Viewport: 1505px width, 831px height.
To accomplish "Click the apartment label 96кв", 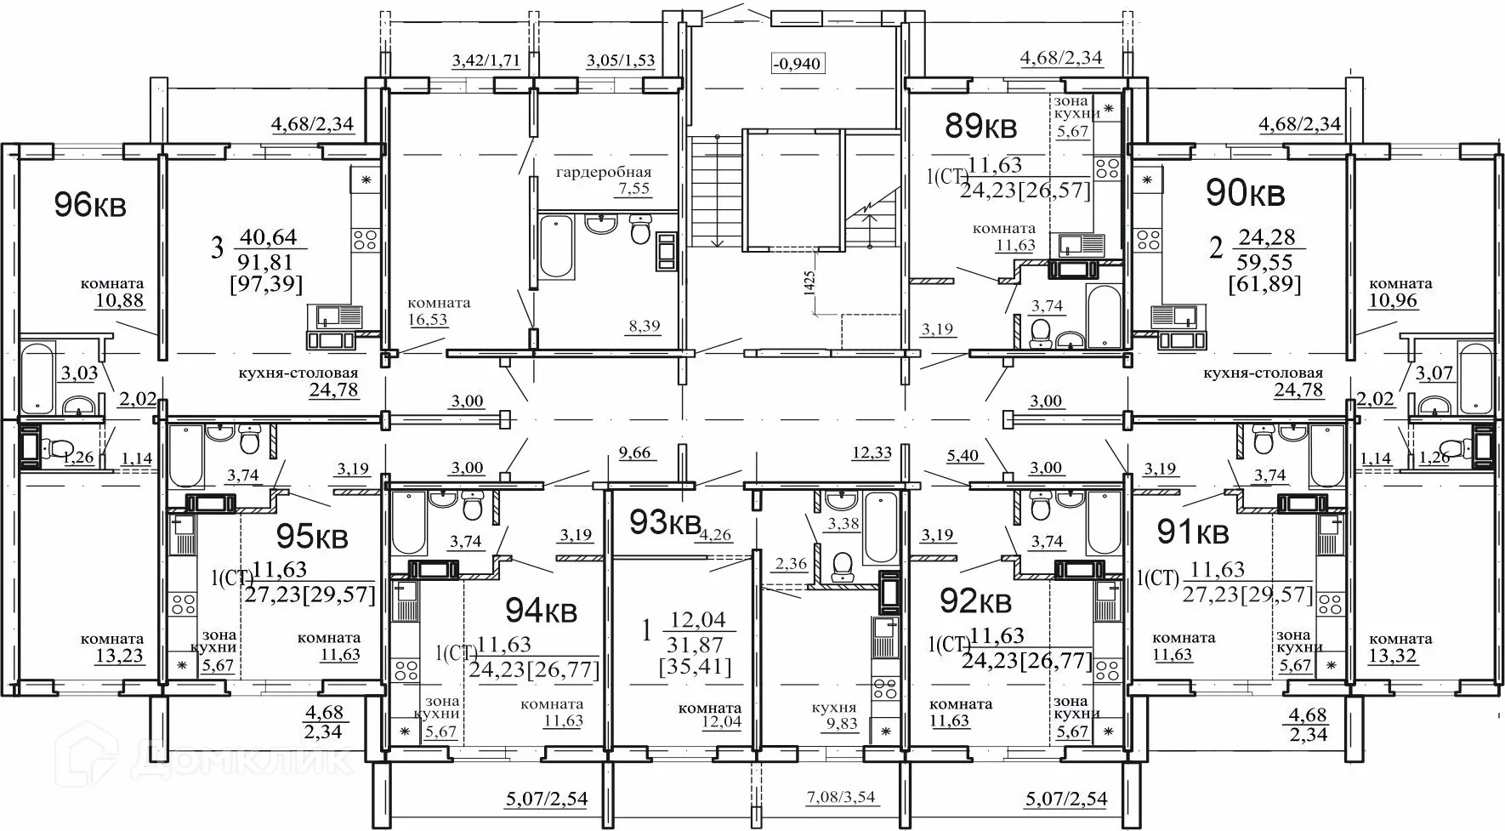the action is [90, 205].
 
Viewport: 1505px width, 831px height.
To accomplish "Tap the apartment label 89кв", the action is [981, 128].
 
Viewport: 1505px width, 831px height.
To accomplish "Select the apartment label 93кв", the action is [664, 521].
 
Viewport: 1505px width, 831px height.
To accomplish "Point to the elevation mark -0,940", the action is [798, 63].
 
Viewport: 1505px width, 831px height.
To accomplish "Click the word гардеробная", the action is [604, 173].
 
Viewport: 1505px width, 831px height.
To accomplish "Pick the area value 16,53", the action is [427, 320].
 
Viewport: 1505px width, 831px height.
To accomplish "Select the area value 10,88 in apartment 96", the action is [123, 299].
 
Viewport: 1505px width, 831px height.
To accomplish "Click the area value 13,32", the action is [1394, 656].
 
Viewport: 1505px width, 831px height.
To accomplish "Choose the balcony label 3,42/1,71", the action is [486, 60].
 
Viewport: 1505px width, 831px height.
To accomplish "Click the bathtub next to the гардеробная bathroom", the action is [556, 247].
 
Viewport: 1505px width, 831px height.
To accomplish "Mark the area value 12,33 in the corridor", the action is [872, 452].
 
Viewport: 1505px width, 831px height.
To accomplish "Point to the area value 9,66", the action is [634, 452].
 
